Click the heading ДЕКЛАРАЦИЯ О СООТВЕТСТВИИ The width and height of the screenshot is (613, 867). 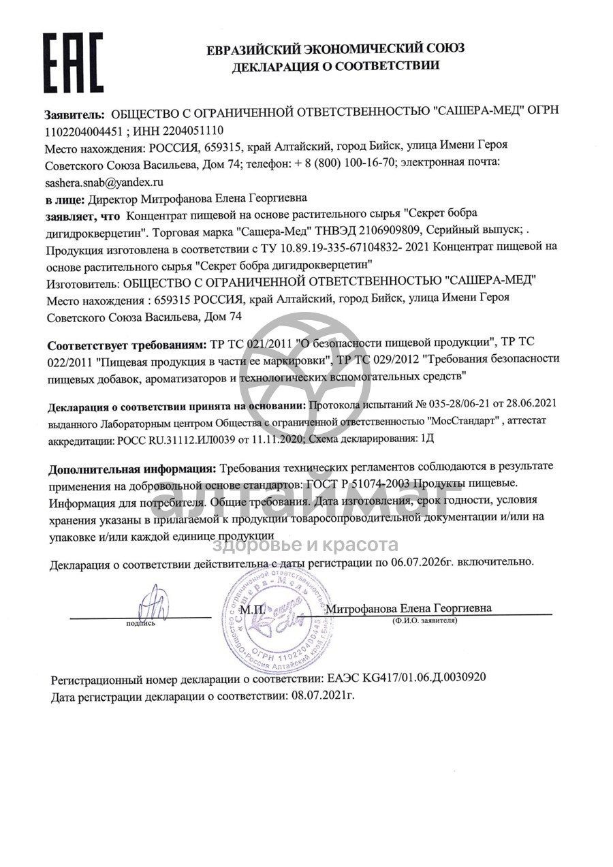(x=336, y=66)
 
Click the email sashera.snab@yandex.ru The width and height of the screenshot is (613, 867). (x=105, y=183)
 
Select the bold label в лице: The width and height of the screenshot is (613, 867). (x=65, y=200)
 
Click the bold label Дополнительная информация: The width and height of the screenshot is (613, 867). (x=131, y=469)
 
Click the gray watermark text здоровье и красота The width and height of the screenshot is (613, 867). (x=306, y=545)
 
